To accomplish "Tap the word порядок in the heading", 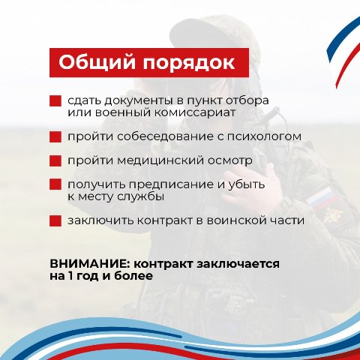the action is click(189, 64).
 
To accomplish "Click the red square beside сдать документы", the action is click(55, 101).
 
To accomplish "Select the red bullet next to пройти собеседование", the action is click(55, 136).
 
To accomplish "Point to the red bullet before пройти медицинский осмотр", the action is click(55, 160).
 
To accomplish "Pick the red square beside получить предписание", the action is click(55, 184).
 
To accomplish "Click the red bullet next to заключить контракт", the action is click(55, 220).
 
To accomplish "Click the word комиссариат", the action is click(194, 112).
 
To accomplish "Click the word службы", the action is click(141, 196).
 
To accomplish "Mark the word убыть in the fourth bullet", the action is click(247, 184).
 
